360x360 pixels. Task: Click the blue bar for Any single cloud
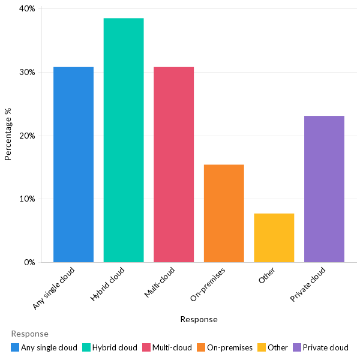coord(73,164)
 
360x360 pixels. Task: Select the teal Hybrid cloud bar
coord(124,140)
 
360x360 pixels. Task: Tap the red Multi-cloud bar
coord(173,164)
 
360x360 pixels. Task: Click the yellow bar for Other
coord(274,238)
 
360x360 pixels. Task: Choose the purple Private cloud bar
coord(324,189)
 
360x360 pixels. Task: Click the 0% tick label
coord(29,262)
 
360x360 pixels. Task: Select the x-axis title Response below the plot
coord(199,319)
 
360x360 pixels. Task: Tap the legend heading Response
coord(29,334)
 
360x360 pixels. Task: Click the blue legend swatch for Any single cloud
coord(15,347)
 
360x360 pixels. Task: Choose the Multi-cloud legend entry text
coord(172,347)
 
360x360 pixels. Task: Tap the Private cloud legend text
coord(325,347)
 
